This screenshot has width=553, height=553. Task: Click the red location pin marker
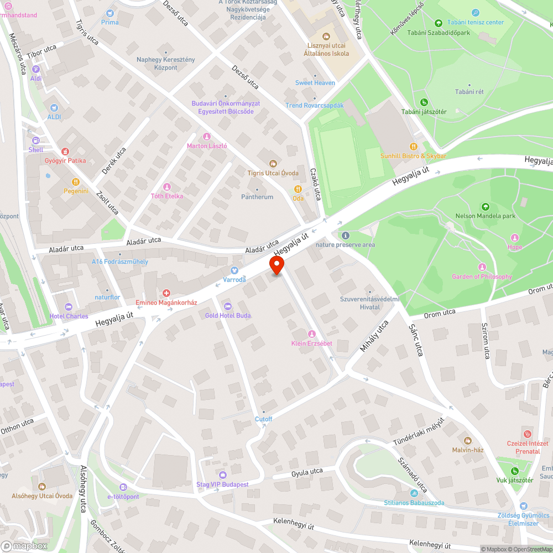[x=276, y=265]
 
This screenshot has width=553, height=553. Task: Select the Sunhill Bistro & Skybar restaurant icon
[x=413, y=146]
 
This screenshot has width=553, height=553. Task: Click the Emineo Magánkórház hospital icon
[x=166, y=293]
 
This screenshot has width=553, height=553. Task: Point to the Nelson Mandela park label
[x=485, y=216]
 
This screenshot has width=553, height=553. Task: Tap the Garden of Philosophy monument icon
[x=482, y=267]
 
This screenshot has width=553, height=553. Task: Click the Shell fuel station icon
[x=36, y=140]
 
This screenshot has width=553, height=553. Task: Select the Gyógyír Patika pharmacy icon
[x=65, y=151]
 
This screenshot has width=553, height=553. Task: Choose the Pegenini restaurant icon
[x=75, y=181]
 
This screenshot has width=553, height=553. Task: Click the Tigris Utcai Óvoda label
[x=273, y=173]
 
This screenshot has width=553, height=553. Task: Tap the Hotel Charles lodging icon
[x=69, y=307]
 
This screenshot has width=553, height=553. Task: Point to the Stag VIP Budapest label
[x=222, y=484]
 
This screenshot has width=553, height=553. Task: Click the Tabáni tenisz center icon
[x=476, y=13]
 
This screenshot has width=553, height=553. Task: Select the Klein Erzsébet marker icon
[x=311, y=334]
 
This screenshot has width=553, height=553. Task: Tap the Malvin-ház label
[x=468, y=450]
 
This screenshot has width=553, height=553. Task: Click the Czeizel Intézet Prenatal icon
[x=528, y=434]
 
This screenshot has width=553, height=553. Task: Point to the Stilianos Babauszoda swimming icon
[x=414, y=493]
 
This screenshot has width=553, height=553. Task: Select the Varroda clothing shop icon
[x=234, y=270]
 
